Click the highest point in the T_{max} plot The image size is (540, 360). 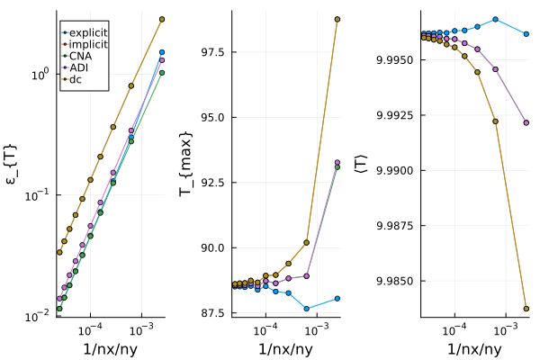(x=337, y=19)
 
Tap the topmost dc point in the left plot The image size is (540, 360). (x=162, y=19)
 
